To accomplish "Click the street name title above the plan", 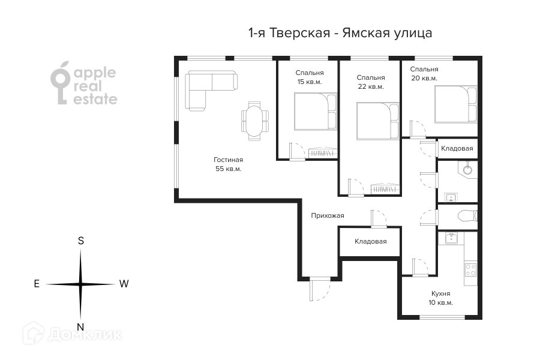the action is pyautogui.click(x=340, y=33).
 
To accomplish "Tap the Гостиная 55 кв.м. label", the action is pyautogui.click(x=229, y=164).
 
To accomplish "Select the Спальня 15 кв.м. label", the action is pyautogui.click(x=310, y=77).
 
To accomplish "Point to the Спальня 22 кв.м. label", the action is pyautogui.click(x=371, y=82).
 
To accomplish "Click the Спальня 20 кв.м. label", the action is pyautogui.click(x=424, y=74).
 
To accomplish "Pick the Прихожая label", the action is pyautogui.click(x=328, y=215).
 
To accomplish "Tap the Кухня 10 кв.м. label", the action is pyautogui.click(x=440, y=298).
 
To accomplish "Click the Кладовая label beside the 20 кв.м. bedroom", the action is pyautogui.click(x=457, y=148).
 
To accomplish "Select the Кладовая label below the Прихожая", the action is pyautogui.click(x=371, y=241).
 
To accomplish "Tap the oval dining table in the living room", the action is pyautogui.click(x=254, y=121).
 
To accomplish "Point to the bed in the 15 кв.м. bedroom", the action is pyautogui.click(x=315, y=111).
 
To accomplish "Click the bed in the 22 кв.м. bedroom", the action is pyautogui.click(x=378, y=121).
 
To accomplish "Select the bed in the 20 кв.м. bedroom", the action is pyautogui.click(x=455, y=104).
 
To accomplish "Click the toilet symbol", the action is pyautogui.click(x=467, y=216).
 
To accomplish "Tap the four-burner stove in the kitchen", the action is pyautogui.click(x=470, y=270).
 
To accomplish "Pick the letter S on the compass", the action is pyautogui.click(x=81, y=241).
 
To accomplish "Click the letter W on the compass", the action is pyautogui.click(x=124, y=284).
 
